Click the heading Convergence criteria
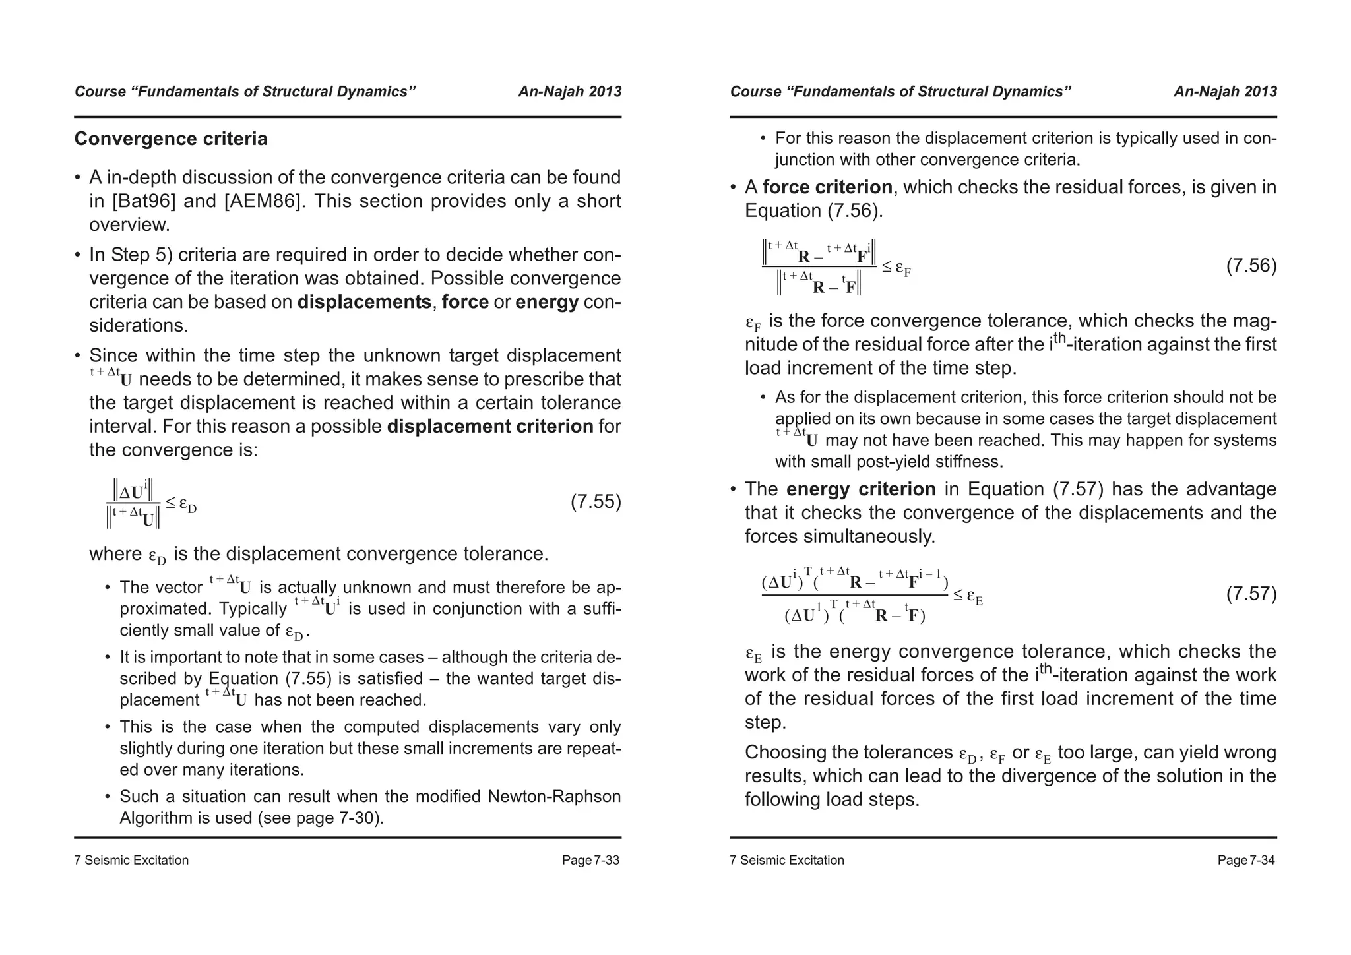(171, 139)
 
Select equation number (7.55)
(596, 502)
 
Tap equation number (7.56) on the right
(1251, 266)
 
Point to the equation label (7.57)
(1251, 594)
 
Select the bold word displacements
(364, 302)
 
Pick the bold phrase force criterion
(827, 187)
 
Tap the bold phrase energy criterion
(861, 489)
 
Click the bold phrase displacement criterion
(490, 427)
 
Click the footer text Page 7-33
(590, 860)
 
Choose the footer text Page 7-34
(1245, 860)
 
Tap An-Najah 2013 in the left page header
(569, 92)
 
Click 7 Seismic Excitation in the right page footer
(786, 860)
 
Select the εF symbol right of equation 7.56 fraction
(903, 268)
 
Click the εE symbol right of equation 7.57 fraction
(975, 597)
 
